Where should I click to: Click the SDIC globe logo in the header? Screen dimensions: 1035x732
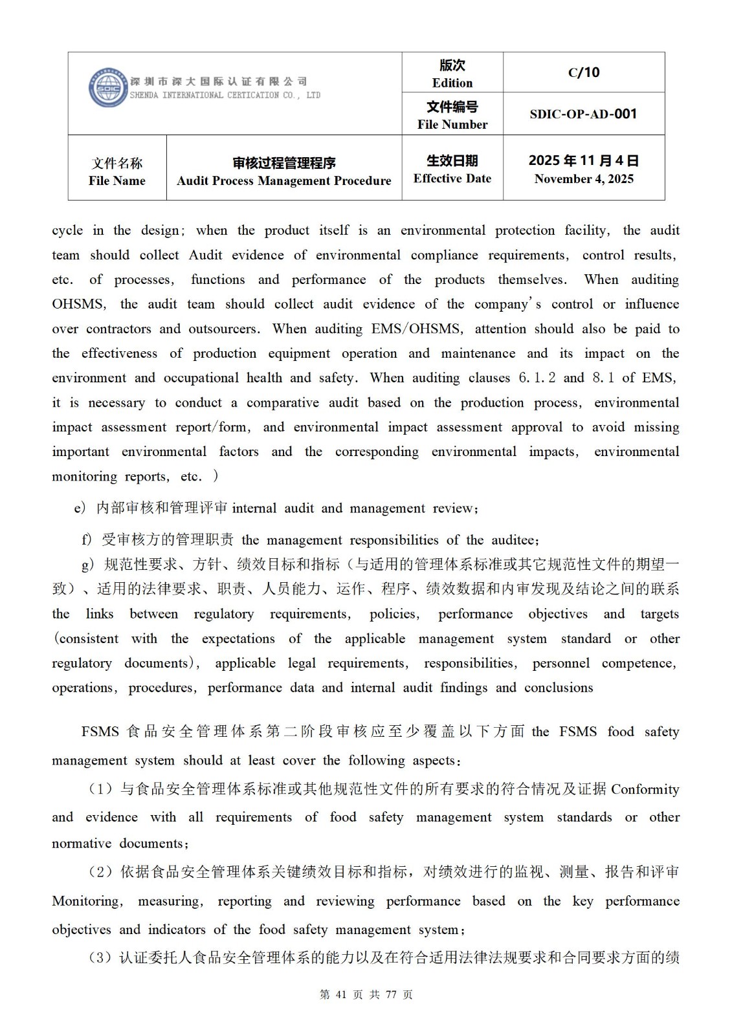pyautogui.click(x=108, y=87)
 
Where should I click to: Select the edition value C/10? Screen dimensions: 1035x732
pyautogui.click(x=584, y=72)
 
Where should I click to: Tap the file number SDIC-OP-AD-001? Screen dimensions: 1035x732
pyautogui.click(x=583, y=114)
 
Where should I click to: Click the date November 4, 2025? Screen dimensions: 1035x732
pyautogui.click(x=584, y=179)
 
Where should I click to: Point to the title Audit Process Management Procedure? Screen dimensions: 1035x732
pyautogui.click(x=283, y=180)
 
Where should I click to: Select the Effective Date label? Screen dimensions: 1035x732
pyautogui.click(x=452, y=178)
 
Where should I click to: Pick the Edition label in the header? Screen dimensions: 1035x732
pyautogui.click(x=452, y=82)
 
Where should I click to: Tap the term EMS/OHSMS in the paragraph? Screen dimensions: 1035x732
pyautogui.click(x=417, y=329)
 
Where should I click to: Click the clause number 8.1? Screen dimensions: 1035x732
pyautogui.click(x=603, y=378)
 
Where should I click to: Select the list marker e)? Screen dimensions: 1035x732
pyautogui.click(x=80, y=508)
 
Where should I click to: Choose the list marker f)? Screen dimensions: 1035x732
pyautogui.click(x=86, y=540)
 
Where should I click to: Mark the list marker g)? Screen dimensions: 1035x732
pyautogui.click(x=89, y=565)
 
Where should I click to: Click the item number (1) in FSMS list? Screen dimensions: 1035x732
pyautogui.click(x=101, y=789)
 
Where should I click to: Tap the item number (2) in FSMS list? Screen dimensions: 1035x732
pyautogui.click(x=101, y=872)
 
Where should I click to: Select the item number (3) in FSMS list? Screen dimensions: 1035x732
pyautogui.click(x=101, y=957)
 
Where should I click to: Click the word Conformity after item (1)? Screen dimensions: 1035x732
pyautogui.click(x=645, y=789)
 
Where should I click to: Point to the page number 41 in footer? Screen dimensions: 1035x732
pyautogui.click(x=342, y=995)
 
